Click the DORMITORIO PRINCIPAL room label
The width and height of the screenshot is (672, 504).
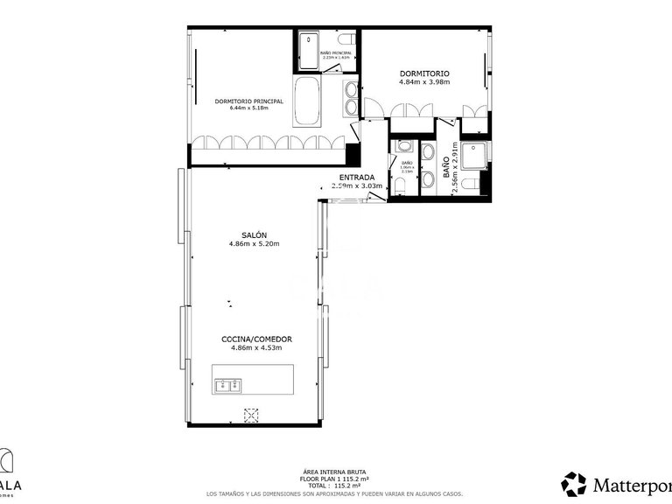(248, 101)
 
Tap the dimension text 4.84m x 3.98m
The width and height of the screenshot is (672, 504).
(424, 82)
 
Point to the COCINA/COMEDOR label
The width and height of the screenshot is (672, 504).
(255, 339)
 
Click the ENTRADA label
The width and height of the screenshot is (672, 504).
(357, 178)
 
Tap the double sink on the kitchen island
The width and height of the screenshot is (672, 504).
(230, 383)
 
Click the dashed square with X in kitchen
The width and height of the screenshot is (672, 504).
(252, 416)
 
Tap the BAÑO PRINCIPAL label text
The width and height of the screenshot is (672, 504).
(336, 54)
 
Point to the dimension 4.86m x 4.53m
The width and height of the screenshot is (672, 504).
(255, 348)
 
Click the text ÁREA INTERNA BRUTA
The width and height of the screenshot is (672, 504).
(336, 472)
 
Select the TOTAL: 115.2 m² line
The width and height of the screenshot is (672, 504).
(336, 486)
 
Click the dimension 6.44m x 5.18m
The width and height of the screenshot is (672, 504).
(248, 108)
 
